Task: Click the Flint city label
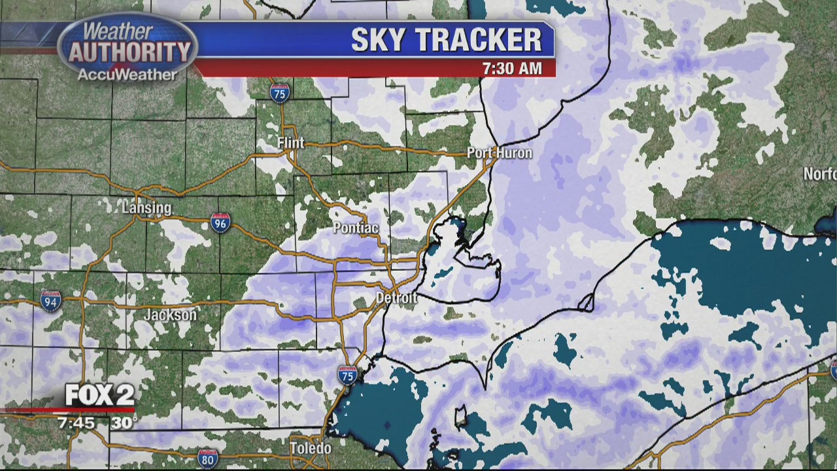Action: [x=290, y=143]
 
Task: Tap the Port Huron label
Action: [x=500, y=153]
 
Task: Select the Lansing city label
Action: [x=146, y=208]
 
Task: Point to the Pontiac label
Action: [x=356, y=228]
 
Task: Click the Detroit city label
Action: [x=396, y=298]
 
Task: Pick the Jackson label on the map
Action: [x=170, y=315]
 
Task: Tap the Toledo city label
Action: [x=311, y=449]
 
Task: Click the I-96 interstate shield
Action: [x=220, y=222]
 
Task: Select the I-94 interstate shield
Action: [x=50, y=301]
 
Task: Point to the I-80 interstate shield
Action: [x=207, y=458]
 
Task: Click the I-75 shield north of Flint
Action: [x=280, y=92]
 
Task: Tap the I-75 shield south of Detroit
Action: [x=347, y=375]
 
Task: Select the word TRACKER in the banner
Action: [x=479, y=40]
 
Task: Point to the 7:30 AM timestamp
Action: [x=512, y=68]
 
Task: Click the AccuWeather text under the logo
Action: [x=127, y=75]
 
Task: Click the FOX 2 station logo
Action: [x=99, y=394]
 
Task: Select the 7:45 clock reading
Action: [x=77, y=423]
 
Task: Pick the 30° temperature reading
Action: [x=124, y=423]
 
